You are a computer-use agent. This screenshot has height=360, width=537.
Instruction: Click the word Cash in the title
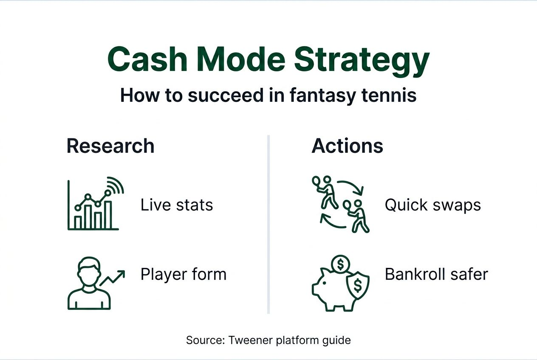click(147, 59)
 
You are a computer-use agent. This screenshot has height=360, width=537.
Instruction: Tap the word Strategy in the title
click(362, 62)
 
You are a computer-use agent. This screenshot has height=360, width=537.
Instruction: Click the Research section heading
click(110, 146)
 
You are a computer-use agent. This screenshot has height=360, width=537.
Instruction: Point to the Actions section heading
click(348, 146)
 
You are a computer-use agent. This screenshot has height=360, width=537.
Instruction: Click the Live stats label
click(177, 205)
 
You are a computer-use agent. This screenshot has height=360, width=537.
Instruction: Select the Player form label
click(184, 274)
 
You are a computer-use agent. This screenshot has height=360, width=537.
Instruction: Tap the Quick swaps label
click(433, 205)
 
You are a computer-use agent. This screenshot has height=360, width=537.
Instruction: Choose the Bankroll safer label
click(436, 274)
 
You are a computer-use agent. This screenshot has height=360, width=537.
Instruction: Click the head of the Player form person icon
click(89, 270)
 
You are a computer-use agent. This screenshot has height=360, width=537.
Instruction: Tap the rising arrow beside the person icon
click(112, 278)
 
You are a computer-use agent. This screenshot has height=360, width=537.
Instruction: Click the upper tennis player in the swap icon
click(325, 191)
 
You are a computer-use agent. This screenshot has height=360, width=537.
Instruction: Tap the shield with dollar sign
click(358, 285)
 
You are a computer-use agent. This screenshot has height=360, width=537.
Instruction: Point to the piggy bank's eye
click(324, 283)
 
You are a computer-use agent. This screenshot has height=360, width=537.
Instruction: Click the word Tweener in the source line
click(251, 340)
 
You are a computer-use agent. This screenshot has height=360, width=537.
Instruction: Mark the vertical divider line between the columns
click(268, 224)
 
